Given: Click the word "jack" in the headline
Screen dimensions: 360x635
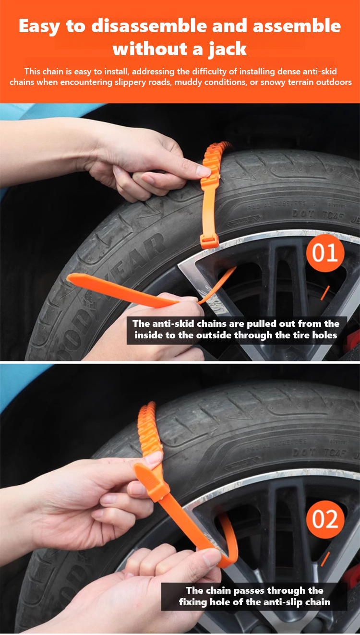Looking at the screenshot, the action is pyautogui.click(x=228, y=49).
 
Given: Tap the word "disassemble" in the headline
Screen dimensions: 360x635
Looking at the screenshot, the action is pyautogui.click(x=149, y=25).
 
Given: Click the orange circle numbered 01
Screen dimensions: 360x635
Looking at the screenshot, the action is pyautogui.click(x=325, y=252).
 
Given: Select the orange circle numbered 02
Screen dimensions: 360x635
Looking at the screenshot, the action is pyautogui.click(x=325, y=519).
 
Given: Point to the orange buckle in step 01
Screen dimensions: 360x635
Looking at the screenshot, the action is pyautogui.click(x=209, y=241).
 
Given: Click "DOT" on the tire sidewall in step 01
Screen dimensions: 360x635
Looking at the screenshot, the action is pyautogui.click(x=303, y=214).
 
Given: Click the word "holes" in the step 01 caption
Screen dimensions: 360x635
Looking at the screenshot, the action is pyautogui.click(x=324, y=335).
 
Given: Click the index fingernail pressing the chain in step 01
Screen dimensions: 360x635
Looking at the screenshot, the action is pyautogui.click(x=204, y=171).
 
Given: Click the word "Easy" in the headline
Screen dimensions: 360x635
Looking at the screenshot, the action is pyautogui.click(x=39, y=26).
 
